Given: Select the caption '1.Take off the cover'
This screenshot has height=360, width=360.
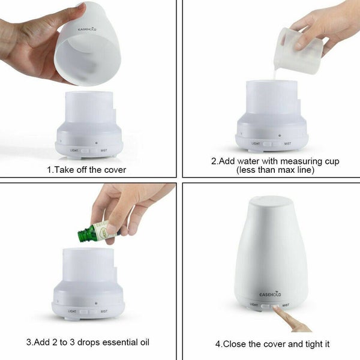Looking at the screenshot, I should [86, 170].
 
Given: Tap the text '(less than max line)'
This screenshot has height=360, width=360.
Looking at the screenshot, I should [272, 170].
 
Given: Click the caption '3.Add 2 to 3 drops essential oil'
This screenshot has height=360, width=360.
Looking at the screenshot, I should [88, 343].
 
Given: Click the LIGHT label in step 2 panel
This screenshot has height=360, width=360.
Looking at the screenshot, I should [256, 143].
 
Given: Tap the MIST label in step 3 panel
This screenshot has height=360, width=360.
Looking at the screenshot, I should [104, 311].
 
